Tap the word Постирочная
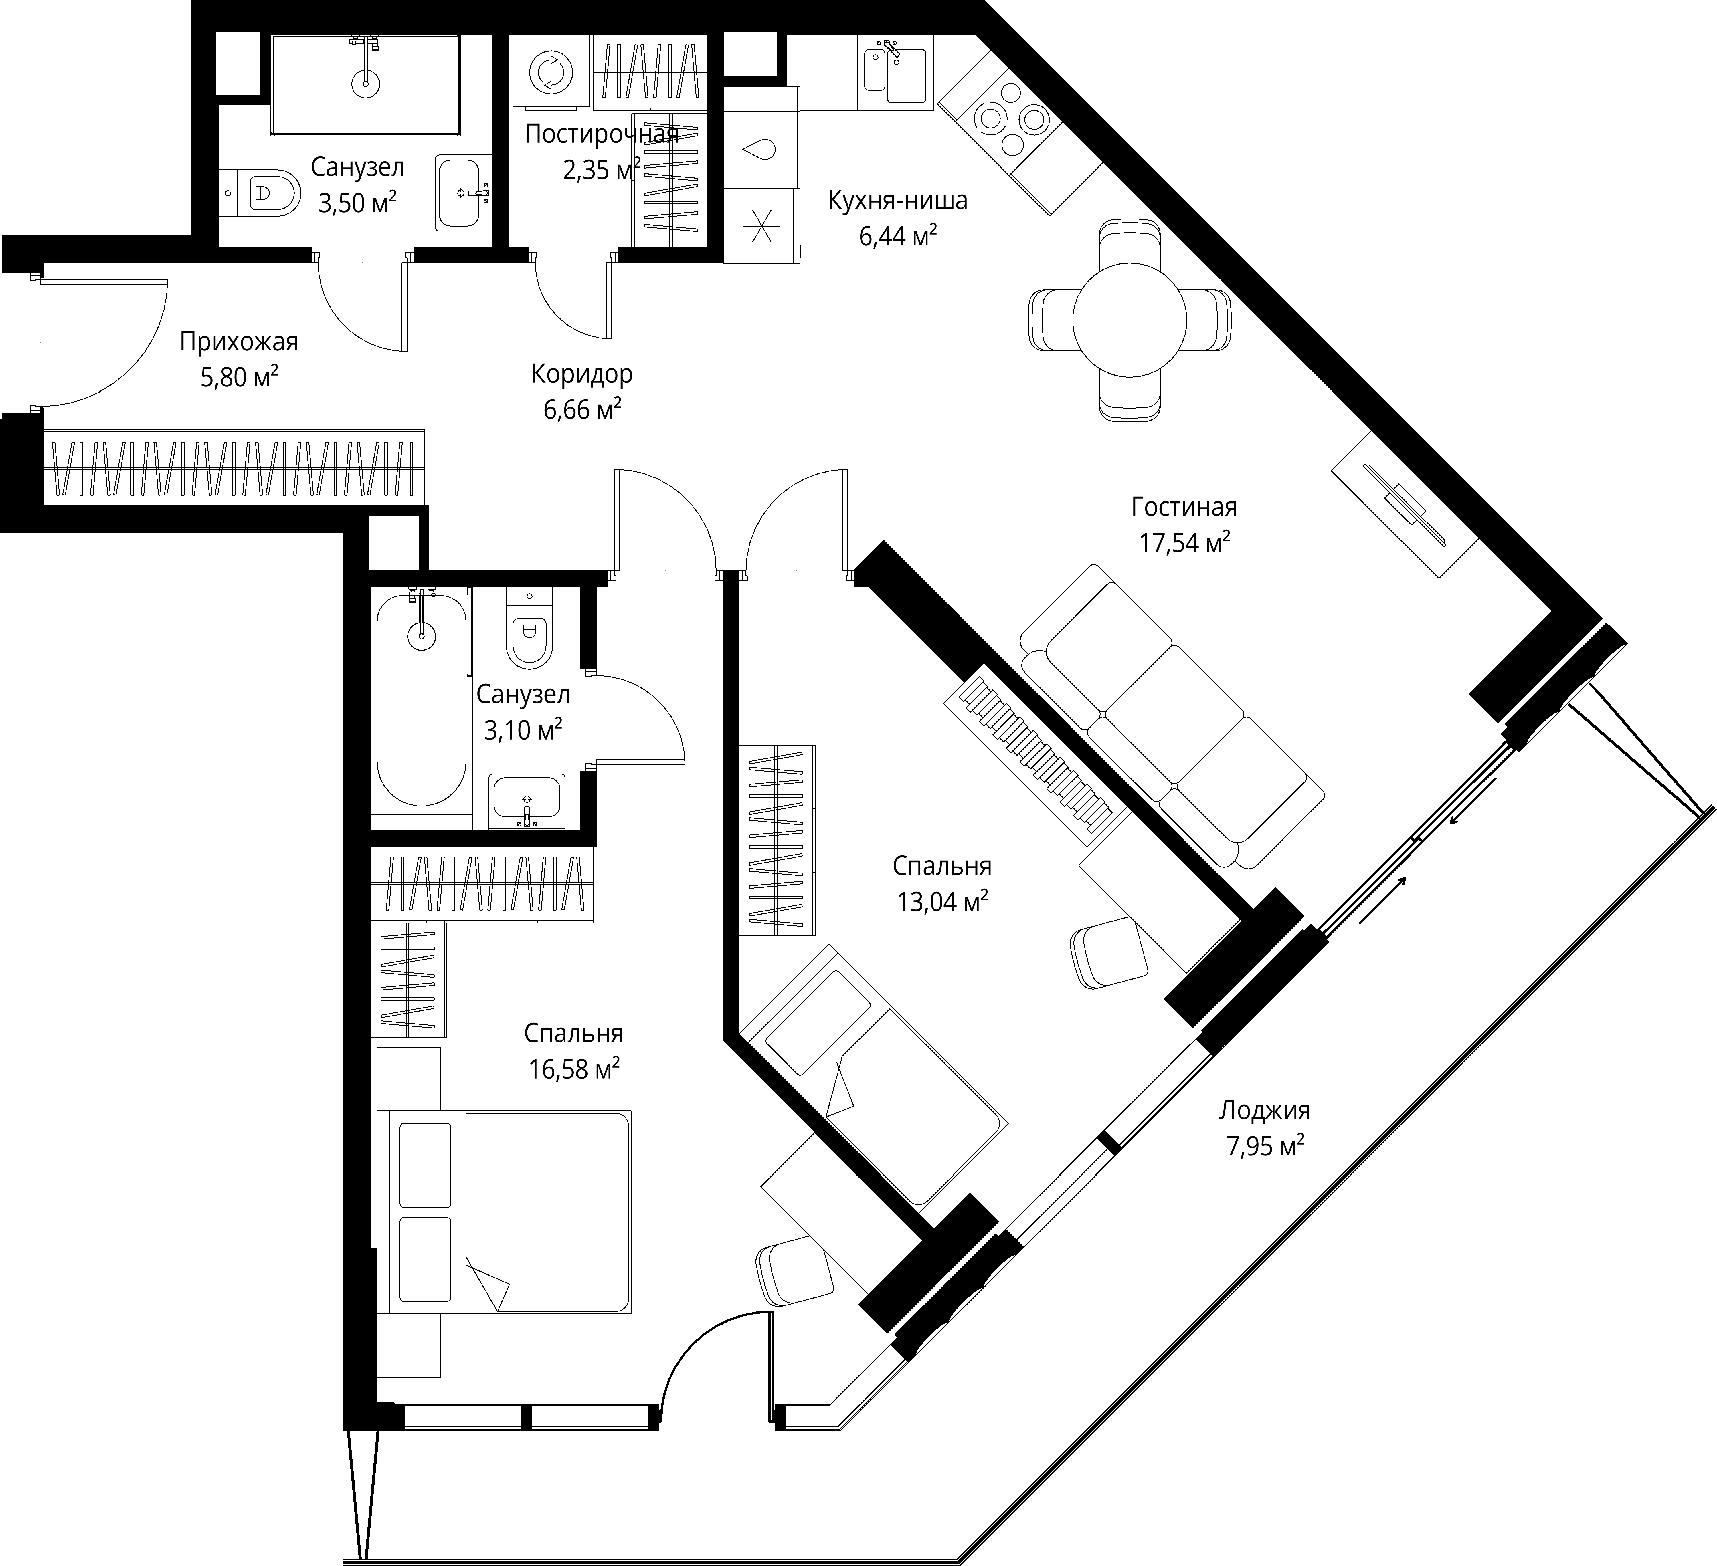tap(601, 134)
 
